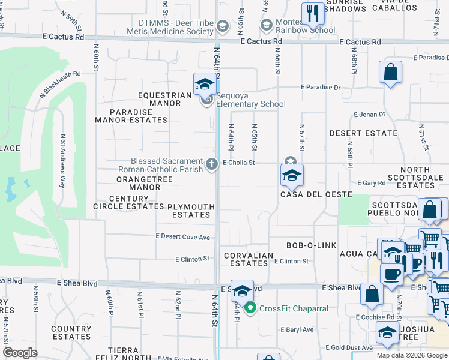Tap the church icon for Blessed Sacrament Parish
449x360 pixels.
point(211,163)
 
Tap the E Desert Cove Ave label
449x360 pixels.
point(183,237)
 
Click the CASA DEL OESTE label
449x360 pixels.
point(304,194)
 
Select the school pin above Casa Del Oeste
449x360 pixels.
point(292,175)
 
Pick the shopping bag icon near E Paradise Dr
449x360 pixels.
point(390,73)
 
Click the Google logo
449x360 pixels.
point(20,353)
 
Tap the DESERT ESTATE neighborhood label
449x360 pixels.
point(363,133)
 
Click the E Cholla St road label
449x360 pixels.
point(239,163)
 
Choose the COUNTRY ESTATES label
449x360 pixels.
point(71,332)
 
